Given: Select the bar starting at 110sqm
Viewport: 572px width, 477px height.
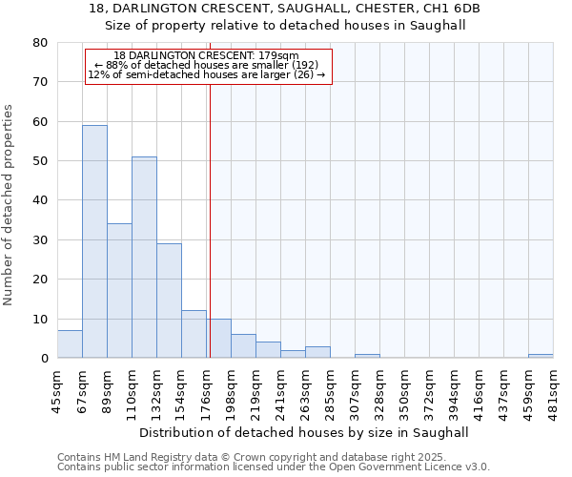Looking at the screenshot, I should [144, 258].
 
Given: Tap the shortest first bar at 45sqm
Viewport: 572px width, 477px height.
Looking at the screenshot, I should [70, 344].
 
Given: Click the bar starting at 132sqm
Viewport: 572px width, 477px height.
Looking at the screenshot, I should [169, 301].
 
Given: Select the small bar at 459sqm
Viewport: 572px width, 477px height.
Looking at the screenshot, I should [541, 356].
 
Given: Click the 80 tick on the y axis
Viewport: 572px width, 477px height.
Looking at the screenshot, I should [39, 43].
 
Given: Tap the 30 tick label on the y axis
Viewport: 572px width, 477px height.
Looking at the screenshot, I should [39, 240].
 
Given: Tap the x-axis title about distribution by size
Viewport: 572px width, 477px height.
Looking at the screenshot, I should [311, 432].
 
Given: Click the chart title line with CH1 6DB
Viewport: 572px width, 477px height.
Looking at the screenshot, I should [285, 9].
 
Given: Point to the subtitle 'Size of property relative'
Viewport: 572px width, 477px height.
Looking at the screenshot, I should [285, 26].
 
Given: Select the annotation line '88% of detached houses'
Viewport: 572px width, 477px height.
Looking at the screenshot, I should [207, 65].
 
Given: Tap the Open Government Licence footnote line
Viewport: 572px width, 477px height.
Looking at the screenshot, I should [274, 467].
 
